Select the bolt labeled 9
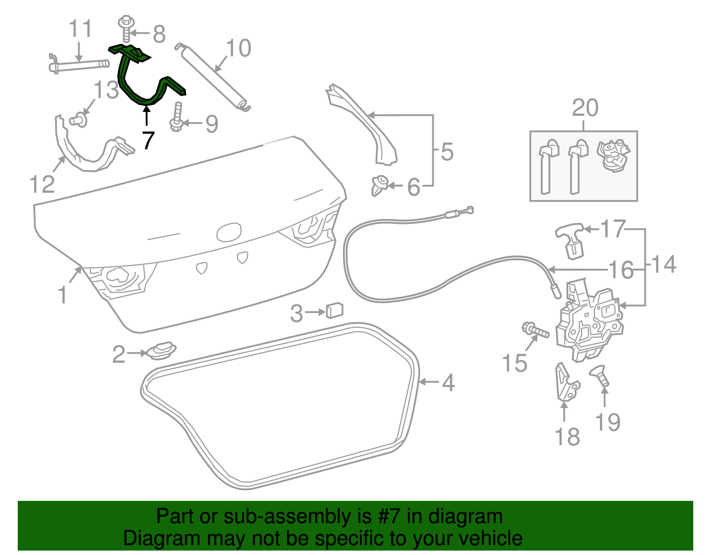tap(177, 117)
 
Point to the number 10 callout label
tap(239, 48)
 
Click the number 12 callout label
tap(42, 184)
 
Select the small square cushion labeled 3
tap(335, 310)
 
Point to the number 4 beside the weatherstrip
tap(448, 383)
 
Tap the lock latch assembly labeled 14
tap(589, 322)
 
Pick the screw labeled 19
tap(600, 375)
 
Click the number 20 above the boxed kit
tap(585, 108)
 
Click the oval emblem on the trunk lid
tap(229, 232)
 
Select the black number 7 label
tap(148, 140)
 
